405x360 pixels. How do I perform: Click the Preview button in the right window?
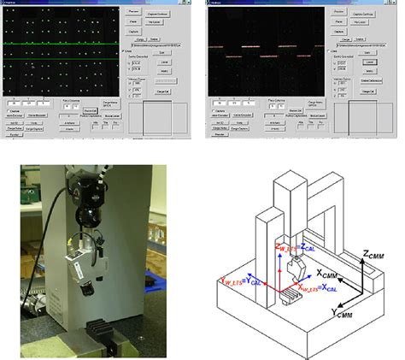339,12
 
